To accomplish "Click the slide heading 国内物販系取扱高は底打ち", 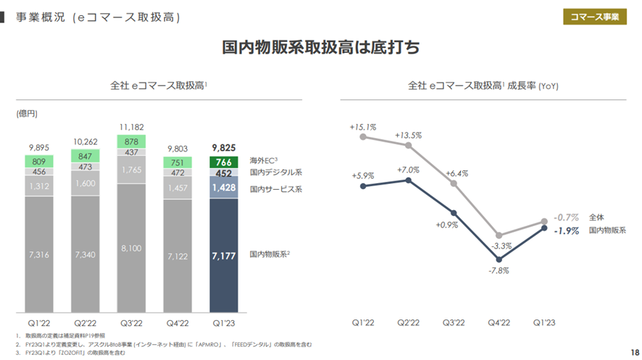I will tap(320, 49).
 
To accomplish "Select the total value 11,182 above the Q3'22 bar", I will tap(131, 126).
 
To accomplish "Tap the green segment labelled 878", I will tap(131, 141).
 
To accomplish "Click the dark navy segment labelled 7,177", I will tap(224, 255).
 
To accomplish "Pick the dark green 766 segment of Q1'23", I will tap(224, 162).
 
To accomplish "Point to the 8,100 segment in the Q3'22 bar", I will tap(131, 248).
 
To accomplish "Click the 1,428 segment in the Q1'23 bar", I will tap(224, 188).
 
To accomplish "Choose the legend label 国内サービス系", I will tap(276, 189).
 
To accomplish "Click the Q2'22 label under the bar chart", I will tap(86, 323).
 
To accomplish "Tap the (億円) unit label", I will tap(27, 114).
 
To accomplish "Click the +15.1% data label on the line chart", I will tap(363, 127).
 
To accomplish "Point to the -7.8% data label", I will tap(499, 270).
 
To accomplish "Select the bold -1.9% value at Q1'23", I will tap(565, 231).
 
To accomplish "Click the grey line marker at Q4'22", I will tap(499, 235).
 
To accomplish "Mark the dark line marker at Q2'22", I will tap(409, 180).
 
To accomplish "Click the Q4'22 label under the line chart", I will tap(499, 323).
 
